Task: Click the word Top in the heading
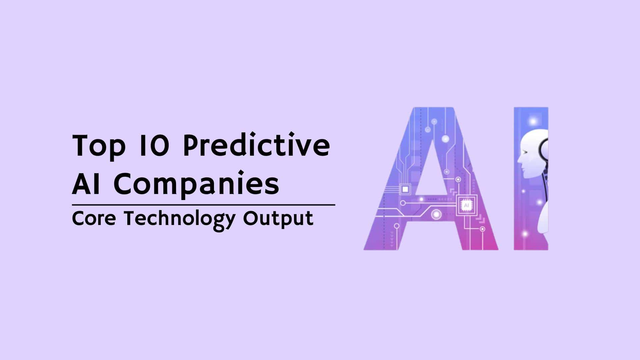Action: point(99,146)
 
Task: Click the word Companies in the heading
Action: point(196,185)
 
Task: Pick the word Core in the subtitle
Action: point(94,219)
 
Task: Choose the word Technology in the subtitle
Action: point(180,220)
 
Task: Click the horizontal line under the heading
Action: point(204,205)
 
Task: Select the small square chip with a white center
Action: point(405,189)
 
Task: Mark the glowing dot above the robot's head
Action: point(533,121)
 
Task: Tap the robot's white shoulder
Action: point(543,218)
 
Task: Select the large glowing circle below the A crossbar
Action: point(436,214)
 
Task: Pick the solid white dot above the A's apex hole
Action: point(445,139)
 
